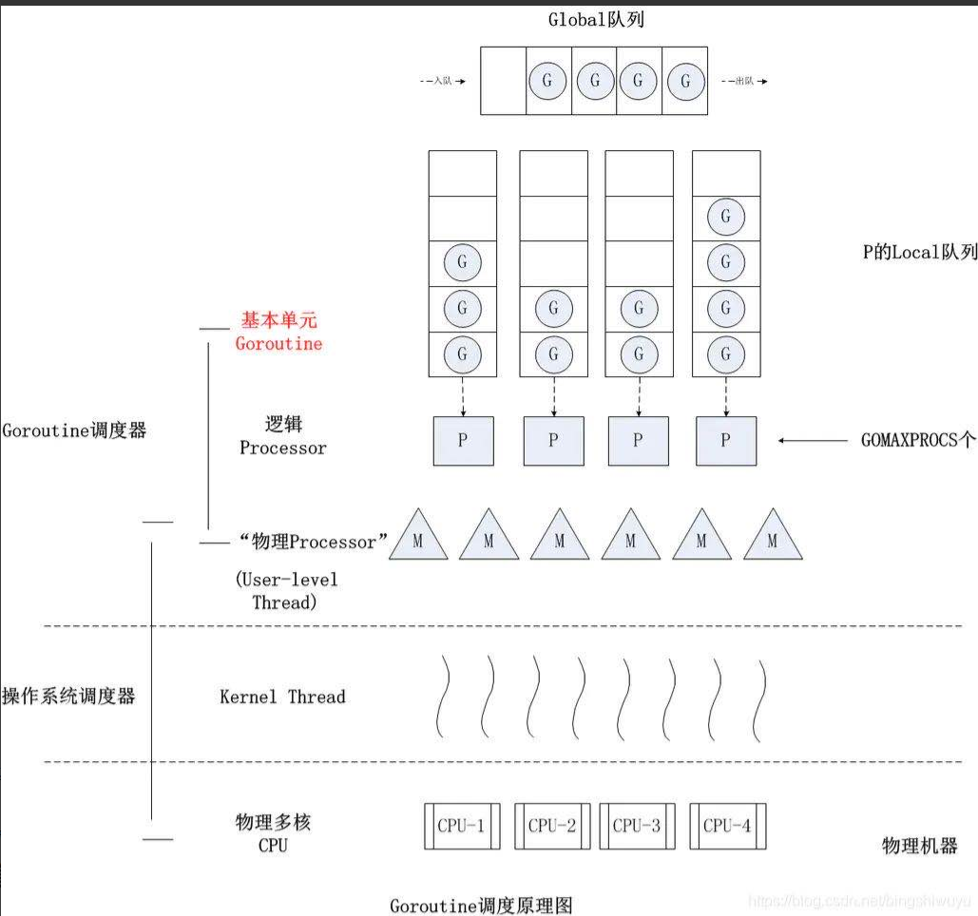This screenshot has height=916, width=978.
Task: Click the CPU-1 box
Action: click(461, 826)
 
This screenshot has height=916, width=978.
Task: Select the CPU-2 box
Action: click(552, 826)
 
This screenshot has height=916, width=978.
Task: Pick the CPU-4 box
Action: click(727, 826)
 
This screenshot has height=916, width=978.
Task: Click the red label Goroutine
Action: click(278, 343)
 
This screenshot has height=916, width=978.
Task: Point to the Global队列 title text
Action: click(596, 19)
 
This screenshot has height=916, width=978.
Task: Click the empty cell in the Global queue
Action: click(503, 81)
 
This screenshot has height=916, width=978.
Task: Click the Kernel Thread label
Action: click(282, 697)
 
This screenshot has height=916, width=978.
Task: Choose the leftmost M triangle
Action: click(418, 539)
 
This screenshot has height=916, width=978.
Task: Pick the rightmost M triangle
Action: click(772, 539)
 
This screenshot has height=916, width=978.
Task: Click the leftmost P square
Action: click(463, 441)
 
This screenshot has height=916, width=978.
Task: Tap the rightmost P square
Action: click(726, 441)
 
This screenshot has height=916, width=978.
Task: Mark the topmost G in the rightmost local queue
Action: click(726, 217)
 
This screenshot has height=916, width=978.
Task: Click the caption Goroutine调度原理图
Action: click(481, 905)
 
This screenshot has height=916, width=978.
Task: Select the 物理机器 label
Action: click(919, 846)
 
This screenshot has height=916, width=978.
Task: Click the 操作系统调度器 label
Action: click(68, 696)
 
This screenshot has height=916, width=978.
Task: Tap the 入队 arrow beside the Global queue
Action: click(443, 82)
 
